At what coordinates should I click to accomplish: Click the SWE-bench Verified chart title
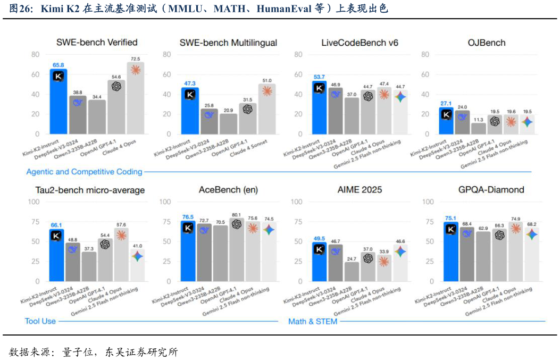click(x=97, y=43)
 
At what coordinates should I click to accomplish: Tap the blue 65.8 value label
click(x=58, y=65)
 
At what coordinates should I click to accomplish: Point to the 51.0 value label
click(x=267, y=80)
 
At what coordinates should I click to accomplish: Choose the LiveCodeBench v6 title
click(x=360, y=43)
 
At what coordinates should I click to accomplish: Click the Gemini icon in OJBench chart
click(x=526, y=122)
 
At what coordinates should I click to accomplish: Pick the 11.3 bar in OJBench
click(x=479, y=128)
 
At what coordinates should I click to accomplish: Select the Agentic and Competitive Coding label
click(x=84, y=172)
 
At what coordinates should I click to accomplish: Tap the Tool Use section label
click(x=40, y=321)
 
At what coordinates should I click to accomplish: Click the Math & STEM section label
click(x=313, y=321)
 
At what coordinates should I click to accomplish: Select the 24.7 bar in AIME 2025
click(x=352, y=272)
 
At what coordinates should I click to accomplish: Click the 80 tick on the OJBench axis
click(x=425, y=54)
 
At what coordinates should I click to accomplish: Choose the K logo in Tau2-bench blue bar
click(x=56, y=236)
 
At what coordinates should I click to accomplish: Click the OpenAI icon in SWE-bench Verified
click(x=116, y=86)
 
